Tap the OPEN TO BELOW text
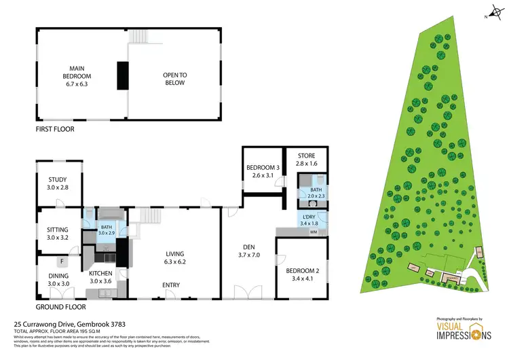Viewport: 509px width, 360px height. (174, 79)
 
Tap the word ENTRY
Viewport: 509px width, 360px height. (170, 285)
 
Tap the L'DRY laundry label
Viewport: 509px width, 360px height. (305, 219)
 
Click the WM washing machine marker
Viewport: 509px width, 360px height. (313, 232)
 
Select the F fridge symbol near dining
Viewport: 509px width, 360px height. (62, 261)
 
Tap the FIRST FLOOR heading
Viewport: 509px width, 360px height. (55, 128)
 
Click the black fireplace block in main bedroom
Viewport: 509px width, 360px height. (122, 75)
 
